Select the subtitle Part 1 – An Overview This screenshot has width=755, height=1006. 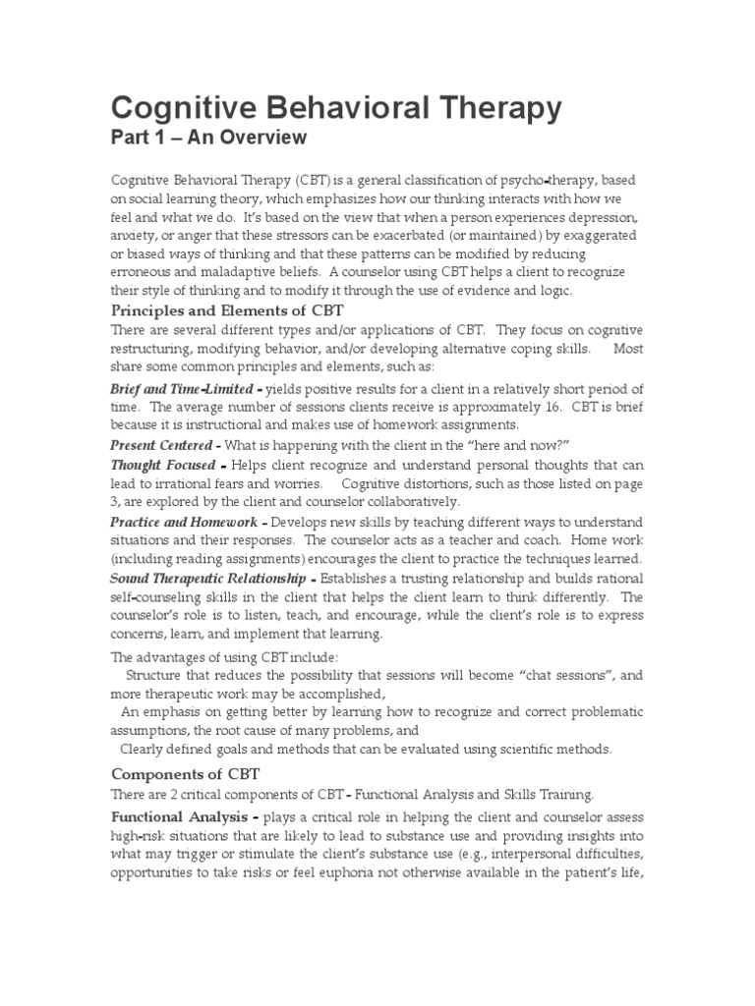point(208,138)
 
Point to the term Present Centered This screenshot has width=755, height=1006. point(164,446)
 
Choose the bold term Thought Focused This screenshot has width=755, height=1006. point(168,465)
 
